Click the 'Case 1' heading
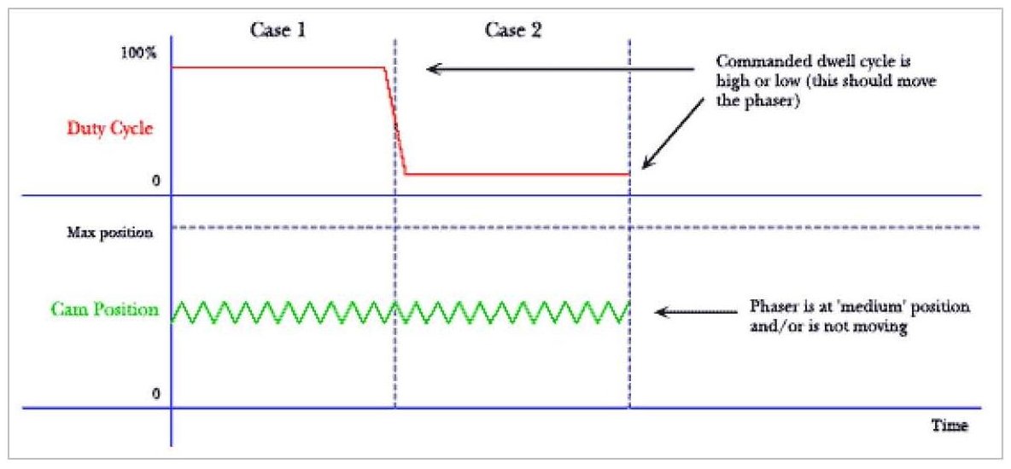click(x=277, y=30)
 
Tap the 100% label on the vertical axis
click(x=139, y=53)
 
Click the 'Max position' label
click(x=110, y=232)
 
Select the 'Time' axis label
click(x=950, y=424)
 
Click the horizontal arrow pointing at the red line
click(x=555, y=67)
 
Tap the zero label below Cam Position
click(x=155, y=394)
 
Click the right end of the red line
click(x=628, y=174)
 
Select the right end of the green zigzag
click(x=628, y=303)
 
